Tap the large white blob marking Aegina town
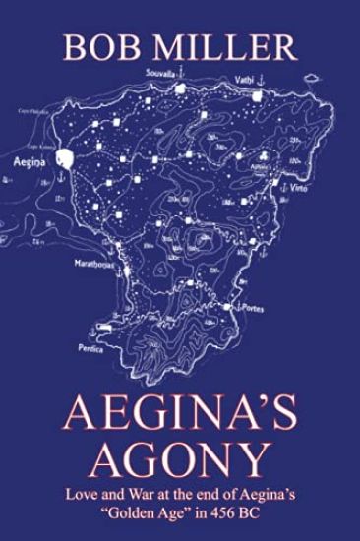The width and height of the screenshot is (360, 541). (66, 156)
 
